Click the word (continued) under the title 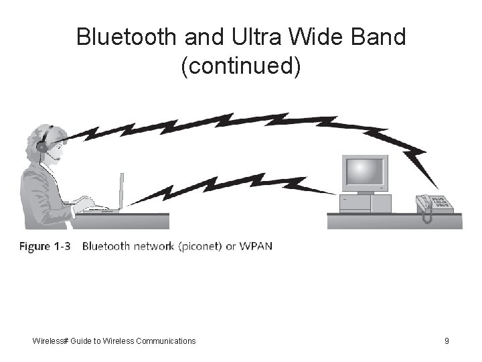[241, 66]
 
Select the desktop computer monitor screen [365, 173]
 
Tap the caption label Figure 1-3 [45, 246]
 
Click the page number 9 [447, 341]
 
